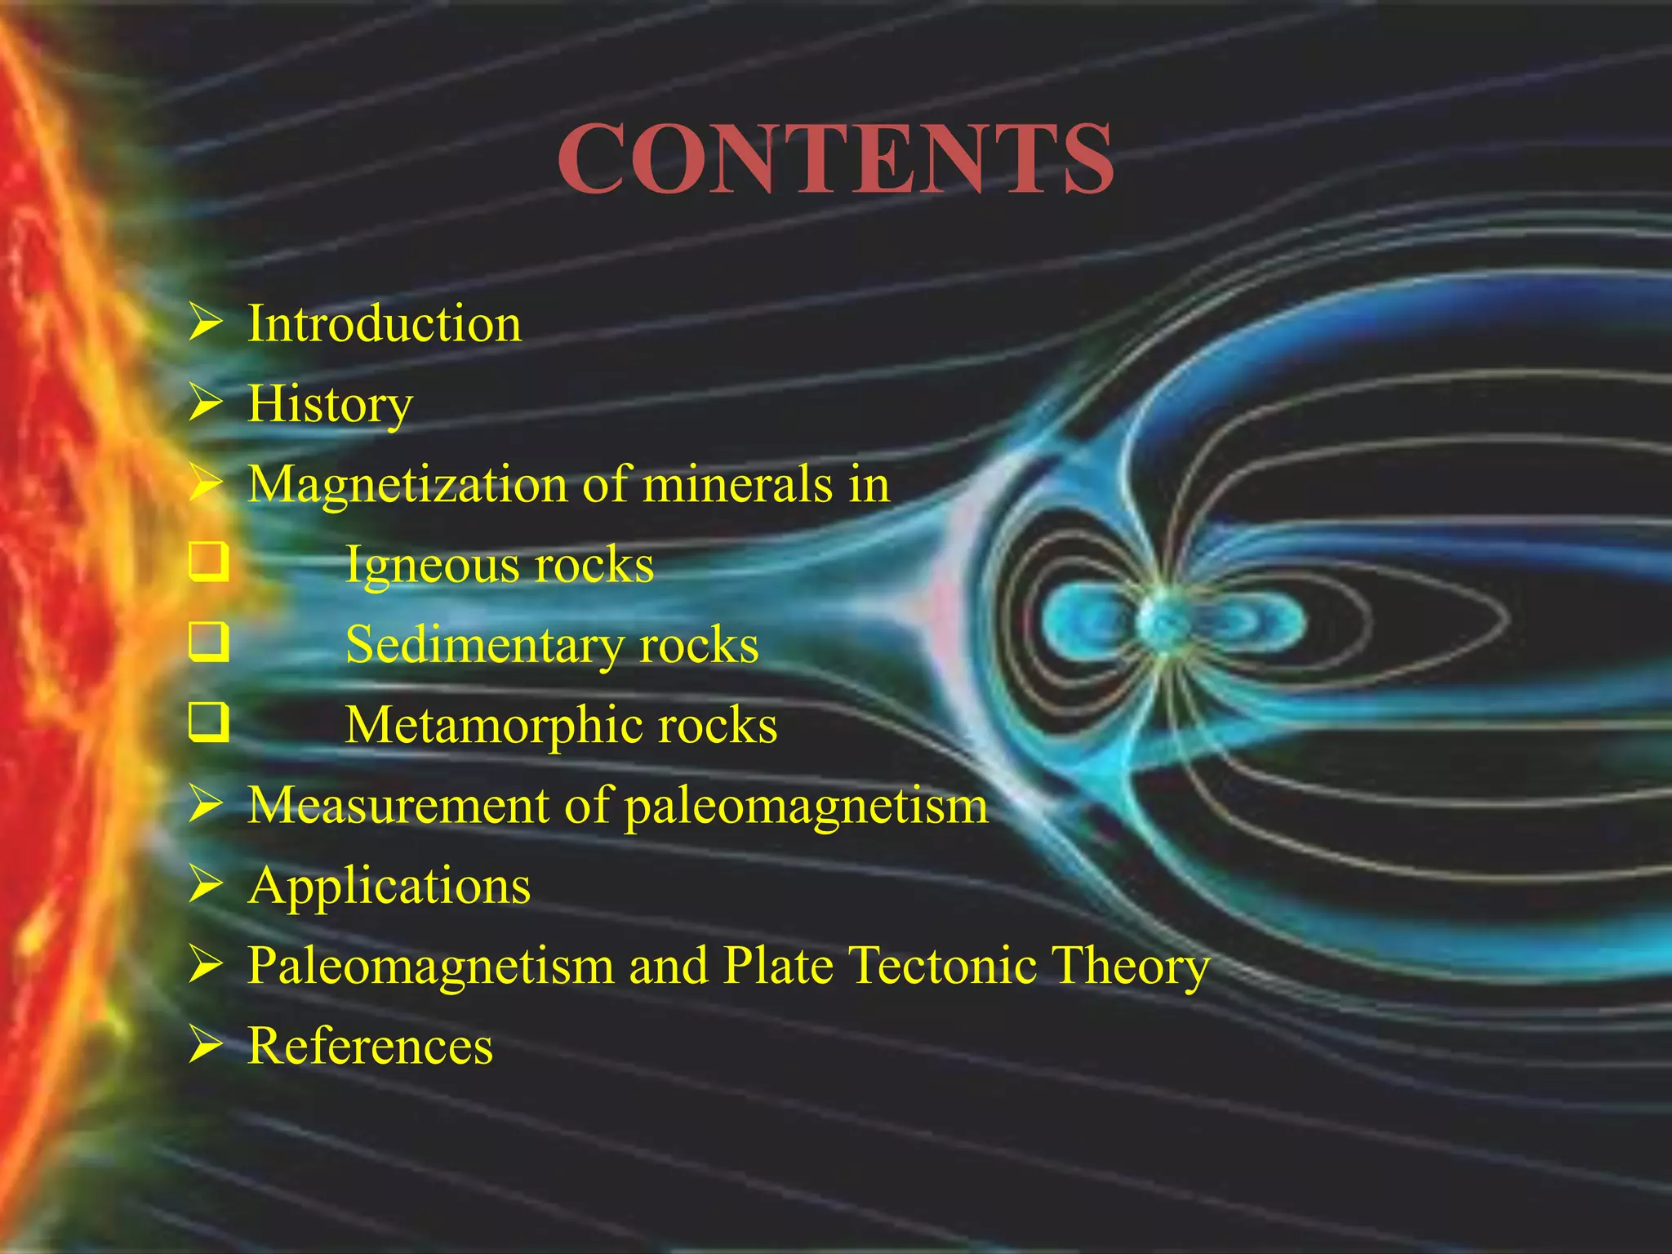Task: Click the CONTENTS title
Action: [x=835, y=159]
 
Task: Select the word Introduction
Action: [x=385, y=323]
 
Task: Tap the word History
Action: [x=330, y=403]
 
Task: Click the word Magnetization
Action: [x=407, y=484]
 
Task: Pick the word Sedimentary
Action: [x=484, y=645]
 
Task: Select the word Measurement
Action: [x=398, y=805]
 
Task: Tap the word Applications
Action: [x=389, y=886]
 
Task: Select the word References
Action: [x=371, y=1046]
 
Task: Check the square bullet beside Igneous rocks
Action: [x=208, y=563]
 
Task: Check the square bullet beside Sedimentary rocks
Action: [x=208, y=643]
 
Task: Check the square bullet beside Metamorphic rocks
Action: [x=208, y=723]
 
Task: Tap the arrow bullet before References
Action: [x=205, y=1046]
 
